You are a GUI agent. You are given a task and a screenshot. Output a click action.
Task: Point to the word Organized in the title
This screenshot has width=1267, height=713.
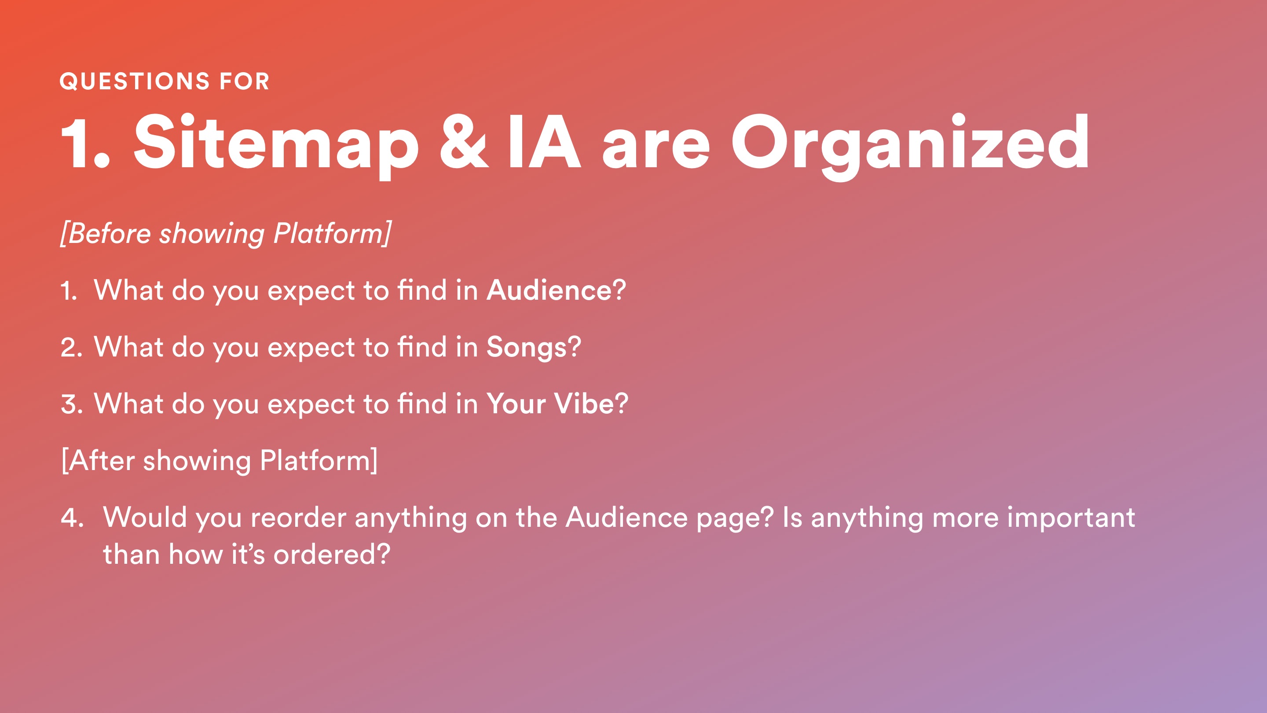[x=910, y=145]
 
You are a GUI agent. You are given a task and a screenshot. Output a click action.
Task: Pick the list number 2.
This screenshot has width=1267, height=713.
[x=71, y=347]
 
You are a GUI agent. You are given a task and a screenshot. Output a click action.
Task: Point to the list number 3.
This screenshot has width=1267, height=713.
[x=71, y=404]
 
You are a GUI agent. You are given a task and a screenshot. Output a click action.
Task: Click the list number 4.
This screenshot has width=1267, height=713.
[x=72, y=518]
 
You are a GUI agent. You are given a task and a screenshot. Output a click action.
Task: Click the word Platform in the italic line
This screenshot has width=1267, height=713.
[x=332, y=233]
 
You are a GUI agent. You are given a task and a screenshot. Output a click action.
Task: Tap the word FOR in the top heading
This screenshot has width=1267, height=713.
[x=245, y=81]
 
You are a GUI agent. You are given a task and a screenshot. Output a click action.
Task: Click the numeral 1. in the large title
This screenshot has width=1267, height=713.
[x=86, y=142]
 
